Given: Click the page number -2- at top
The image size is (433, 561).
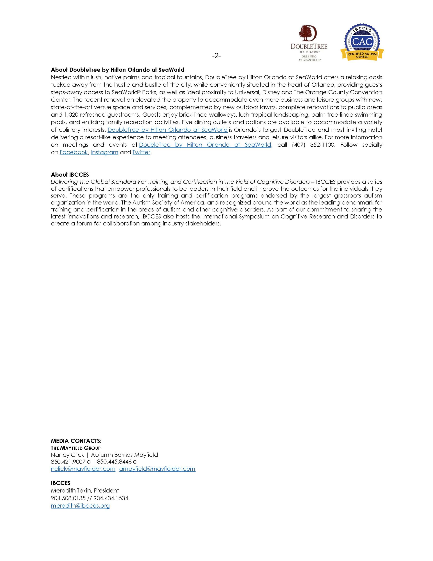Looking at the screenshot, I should click(216, 56).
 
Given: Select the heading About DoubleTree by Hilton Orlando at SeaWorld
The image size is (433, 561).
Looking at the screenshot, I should click(118, 70).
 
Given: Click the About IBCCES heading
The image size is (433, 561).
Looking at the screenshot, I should click(70, 175).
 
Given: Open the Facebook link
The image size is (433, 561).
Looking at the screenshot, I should click(74, 152).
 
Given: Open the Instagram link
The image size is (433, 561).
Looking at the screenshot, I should click(104, 152).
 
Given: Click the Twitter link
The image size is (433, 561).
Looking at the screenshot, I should click(141, 152).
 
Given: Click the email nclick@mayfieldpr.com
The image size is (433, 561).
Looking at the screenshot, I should click(83, 469).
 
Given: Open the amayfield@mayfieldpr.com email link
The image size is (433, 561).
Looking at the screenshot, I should click(157, 469).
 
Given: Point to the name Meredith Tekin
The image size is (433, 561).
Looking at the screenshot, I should click(71, 491).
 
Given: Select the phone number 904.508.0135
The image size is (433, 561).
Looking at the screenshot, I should click(68, 498).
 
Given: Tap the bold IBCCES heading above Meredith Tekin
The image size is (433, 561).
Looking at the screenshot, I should click(61, 483).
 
